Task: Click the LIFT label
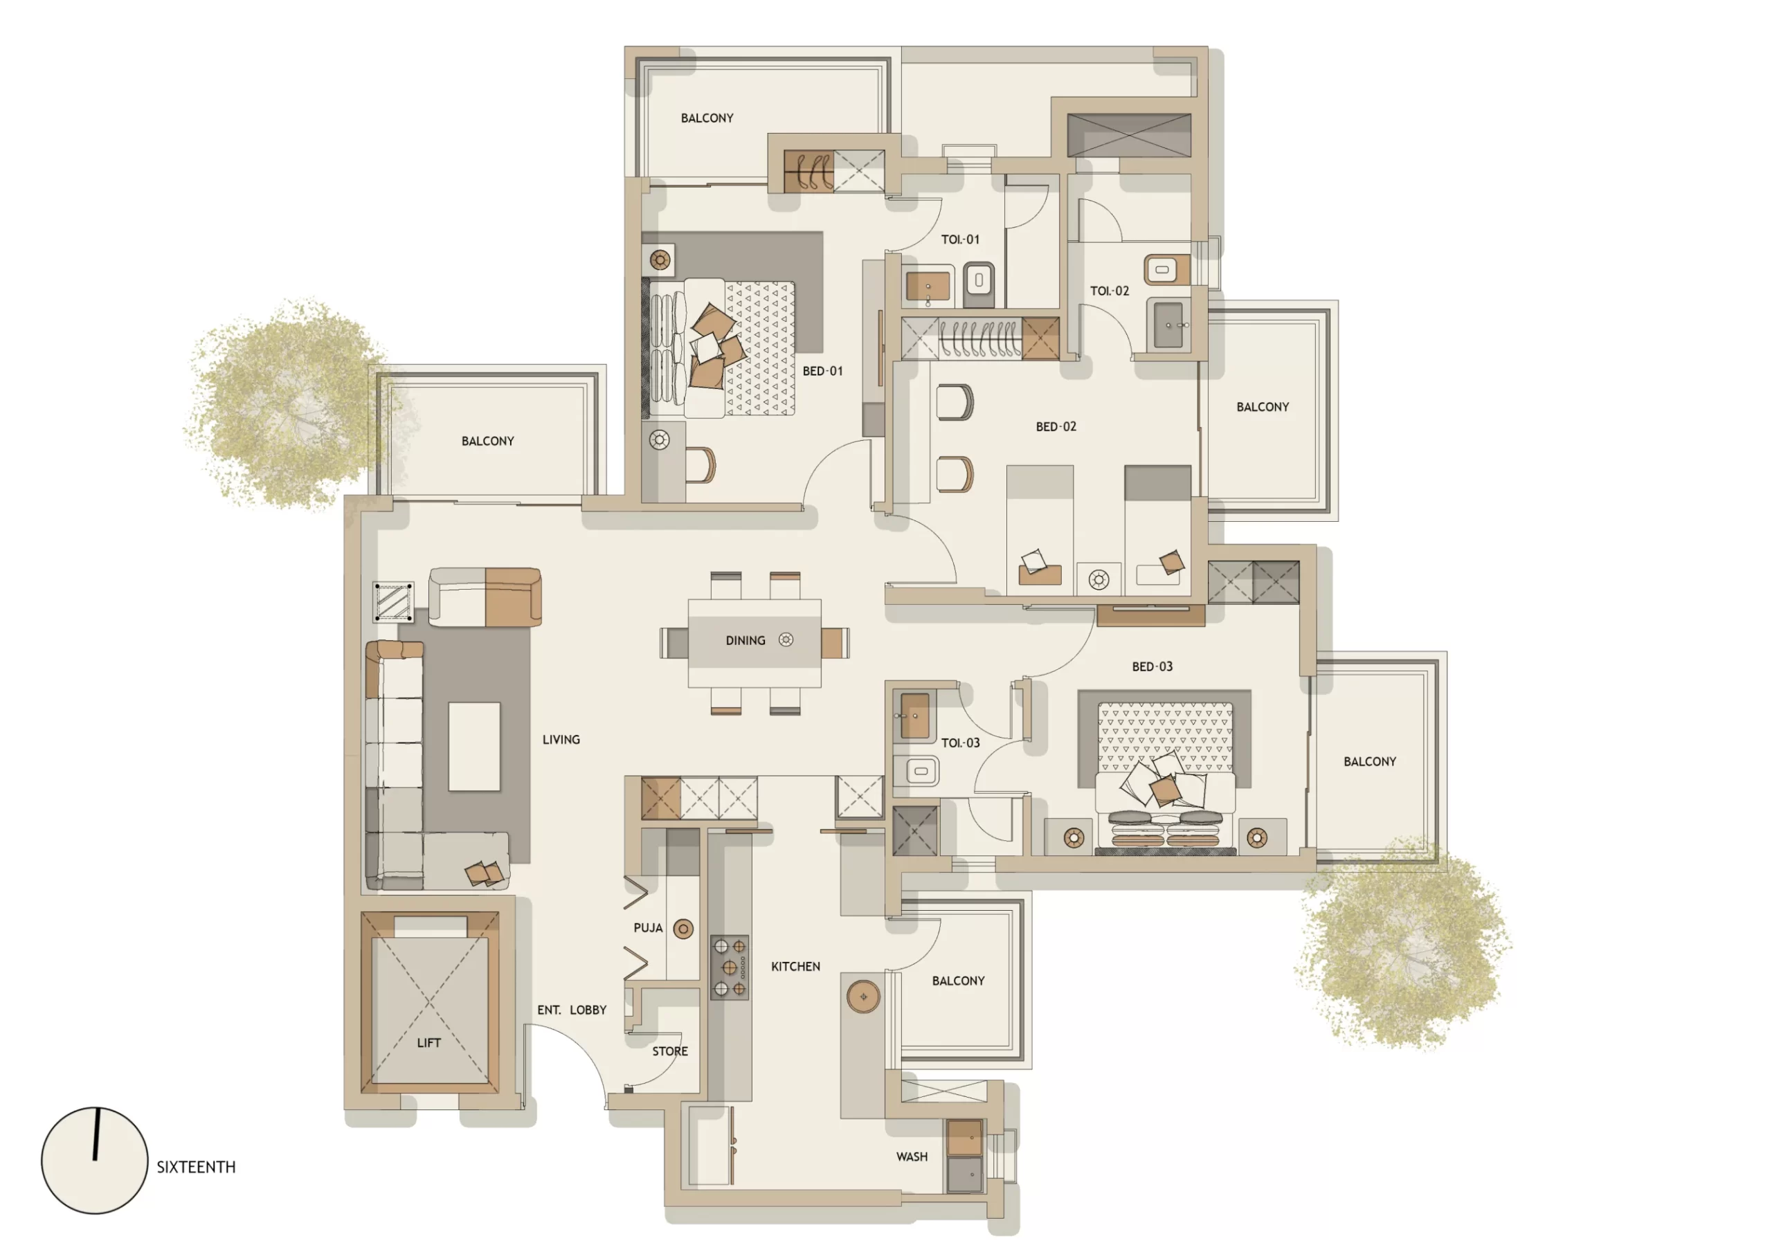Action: pyautogui.click(x=428, y=1043)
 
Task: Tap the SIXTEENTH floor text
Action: pyautogui.click(x=196, y=1167)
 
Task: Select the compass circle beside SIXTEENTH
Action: pyautogui.click(x=94, y=1160)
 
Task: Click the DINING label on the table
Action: pyautogui.click(x=745, y=641)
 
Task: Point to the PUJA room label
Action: pyautogui.click(x=647, y=928)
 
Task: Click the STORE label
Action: pyautogui.click(x=669, y=1051)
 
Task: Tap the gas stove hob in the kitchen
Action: pyautogui.click(x=730, y=967)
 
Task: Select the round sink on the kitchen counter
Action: pyautogui.click(x=863, y=997)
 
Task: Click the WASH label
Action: pyautogui.click(x=912, y=1157)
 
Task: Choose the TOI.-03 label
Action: pyautogui.click(x=960, y=743)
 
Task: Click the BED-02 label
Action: pyautogui.click(x=1055, y=427)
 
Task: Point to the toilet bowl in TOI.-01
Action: pyautogui.click(x=979, y=280)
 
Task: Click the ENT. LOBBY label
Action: pyautogui.click(x=571, y=1010)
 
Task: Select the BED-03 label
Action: pyautogui.click(x=1152, y=666)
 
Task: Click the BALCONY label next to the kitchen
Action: pyautogui.click(x=958, y=981)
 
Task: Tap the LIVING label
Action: pyautogui.click(x=560, y=739)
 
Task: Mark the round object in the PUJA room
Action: pyautogui.click(x=683, y=929)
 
